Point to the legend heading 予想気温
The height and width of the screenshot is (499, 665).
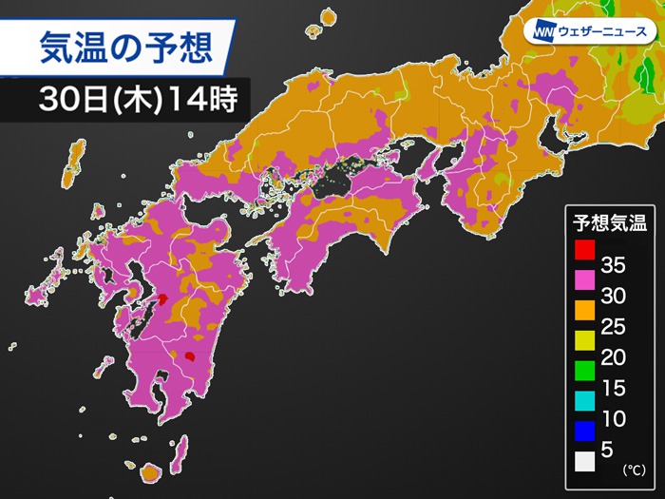609,223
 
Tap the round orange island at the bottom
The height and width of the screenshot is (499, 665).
150,472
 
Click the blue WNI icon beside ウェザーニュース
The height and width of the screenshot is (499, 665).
541,29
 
